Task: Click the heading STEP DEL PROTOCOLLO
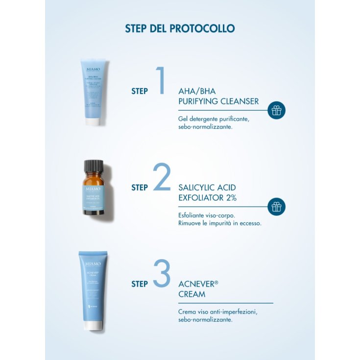click(x=180, y=28)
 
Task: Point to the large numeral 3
click(x=162, y=273)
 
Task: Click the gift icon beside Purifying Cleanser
click(x=277, y=110)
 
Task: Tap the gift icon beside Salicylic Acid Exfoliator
click(x=277, y=207)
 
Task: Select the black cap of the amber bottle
click(x=94, y=166)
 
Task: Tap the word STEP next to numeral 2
click(x=140, y=188)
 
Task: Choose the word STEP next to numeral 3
click(x=140, y=284)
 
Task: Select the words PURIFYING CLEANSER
click(x=218, y=101)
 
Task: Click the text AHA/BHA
click(x=197, y=91)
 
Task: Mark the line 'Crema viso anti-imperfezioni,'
click(x=218, y=312)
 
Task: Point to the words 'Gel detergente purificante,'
click(x=214, y=118)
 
